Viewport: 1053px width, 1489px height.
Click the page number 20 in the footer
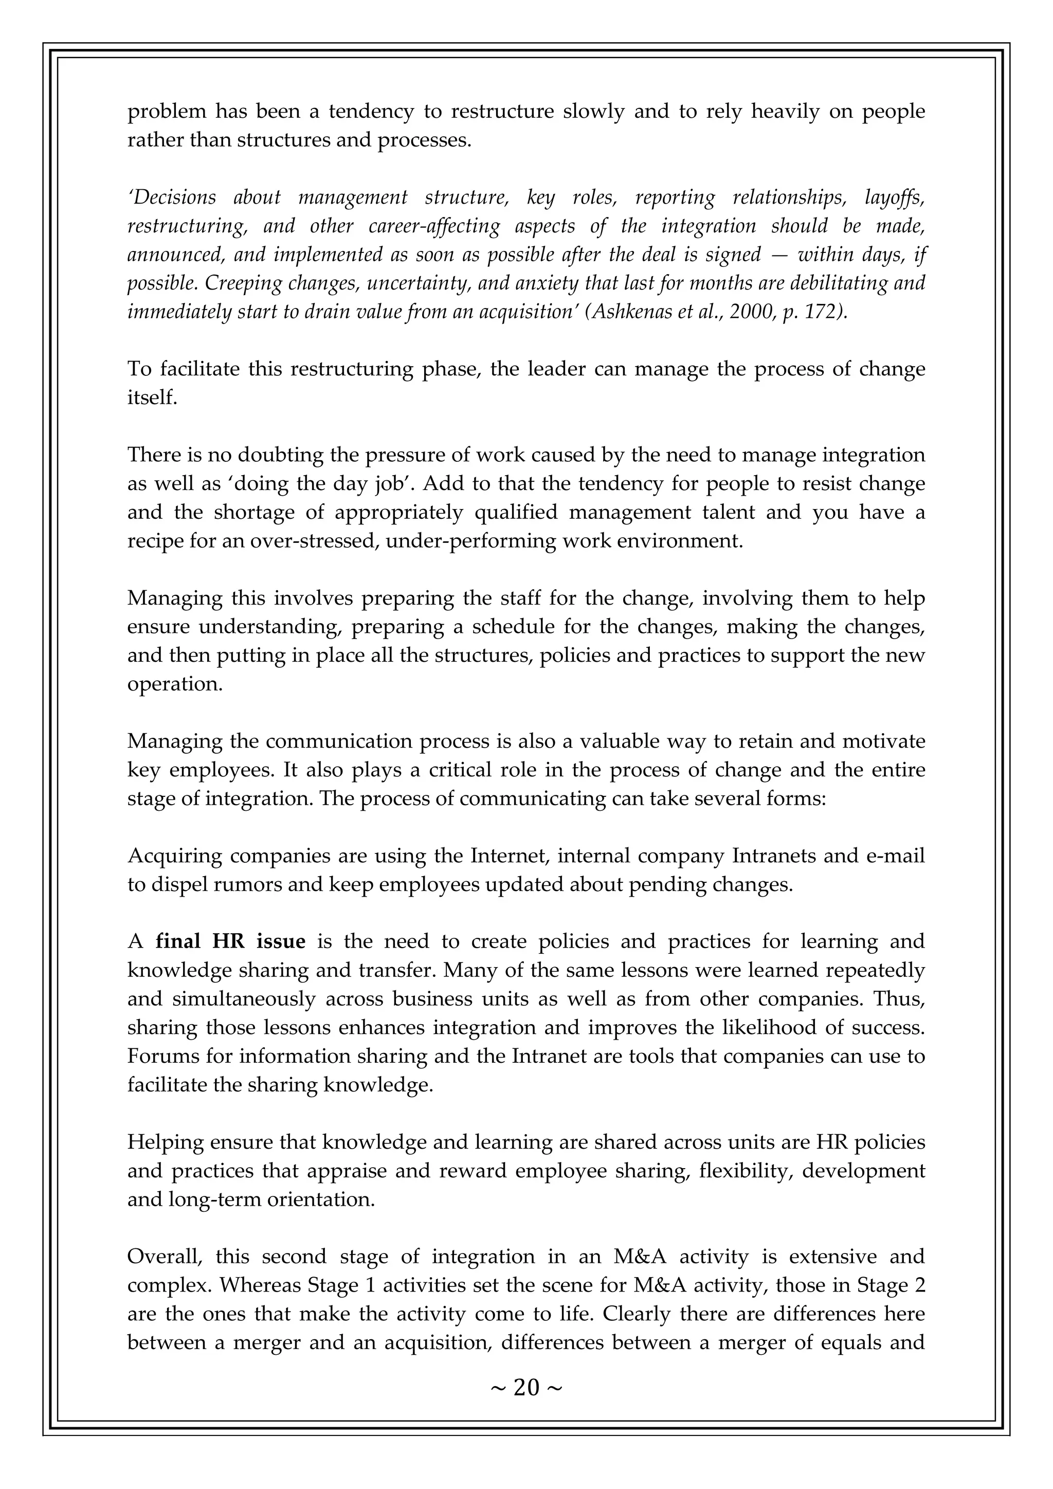click(x=526, y=1388)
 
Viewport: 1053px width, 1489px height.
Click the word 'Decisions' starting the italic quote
click(x=172, y=197)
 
